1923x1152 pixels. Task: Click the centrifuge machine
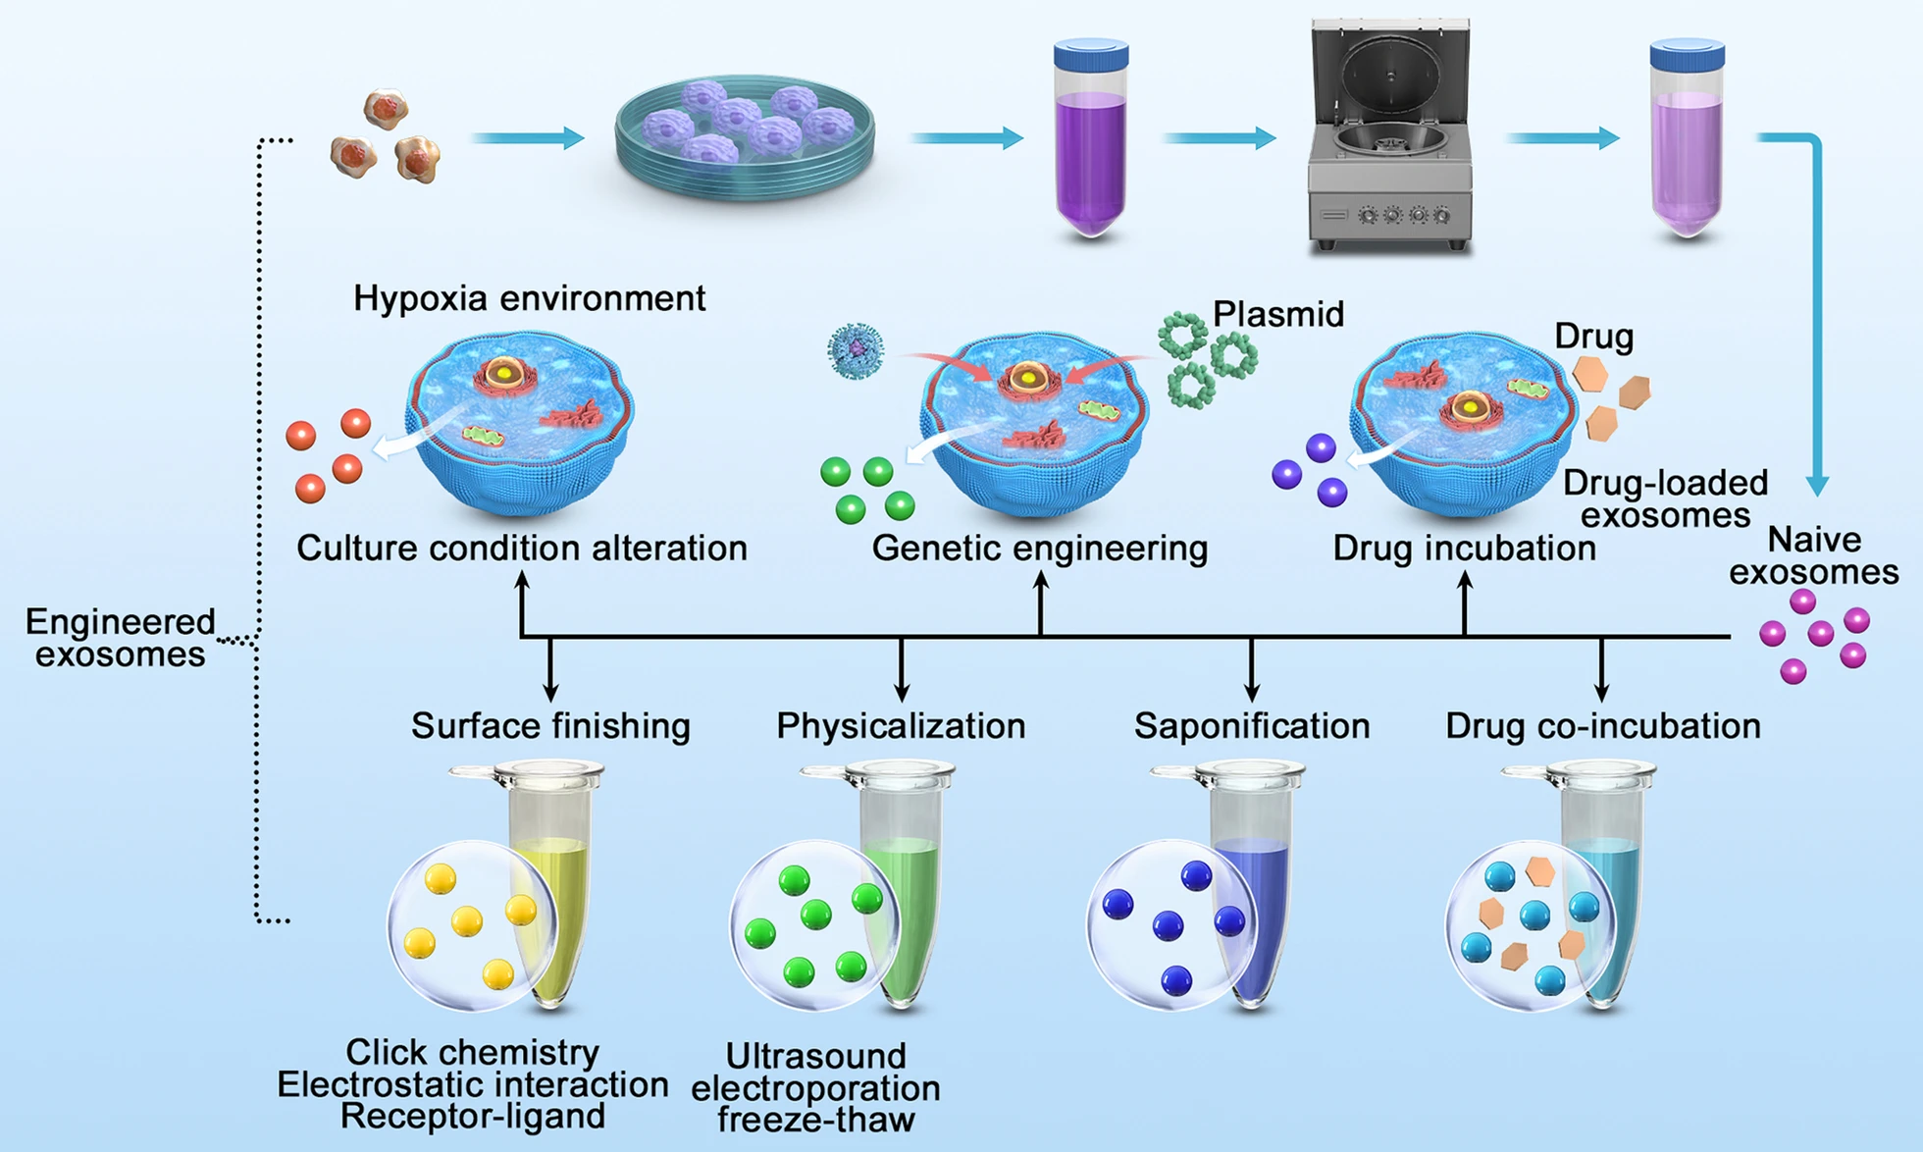[1390, 137]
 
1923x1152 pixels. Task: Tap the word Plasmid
[1277, 315]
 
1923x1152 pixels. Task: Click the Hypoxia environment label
[529, 298]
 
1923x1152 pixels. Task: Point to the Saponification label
[1252, 726]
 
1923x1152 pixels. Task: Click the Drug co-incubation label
[1602, 726]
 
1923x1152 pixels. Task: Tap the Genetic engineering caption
[1039, 548]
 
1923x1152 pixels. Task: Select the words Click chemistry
[472, 1052]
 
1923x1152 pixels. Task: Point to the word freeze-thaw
[815, 1120]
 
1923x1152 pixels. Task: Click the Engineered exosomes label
[120, 638]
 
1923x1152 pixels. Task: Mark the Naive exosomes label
[1813, 555]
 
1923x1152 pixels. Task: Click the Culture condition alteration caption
[521, 548]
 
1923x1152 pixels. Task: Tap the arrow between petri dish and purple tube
[966, 138]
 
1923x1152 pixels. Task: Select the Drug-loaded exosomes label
[1665, 498]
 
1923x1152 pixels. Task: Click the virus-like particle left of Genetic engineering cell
[856, 350]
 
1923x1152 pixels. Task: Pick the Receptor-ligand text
[472, 1117]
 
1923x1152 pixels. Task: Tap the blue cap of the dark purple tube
[1091, 53]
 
